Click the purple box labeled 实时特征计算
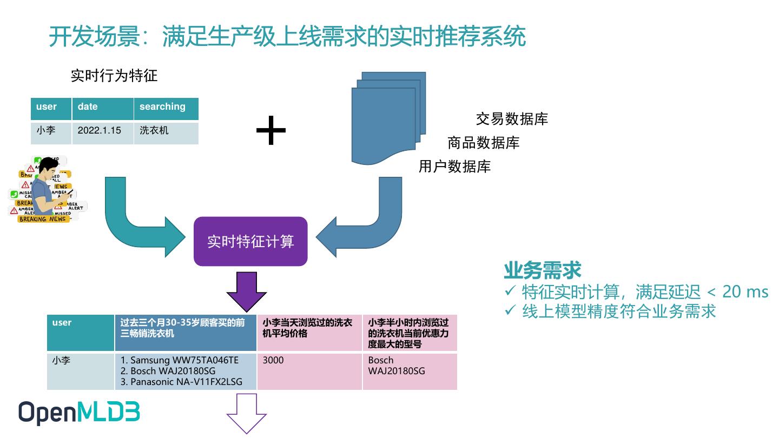250,241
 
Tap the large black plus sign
270,130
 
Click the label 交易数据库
512,119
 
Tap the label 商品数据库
483,143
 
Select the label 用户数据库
454,167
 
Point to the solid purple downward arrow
246,291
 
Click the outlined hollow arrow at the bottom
246,414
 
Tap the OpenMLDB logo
79,413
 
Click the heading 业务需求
542,270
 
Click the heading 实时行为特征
114,76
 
